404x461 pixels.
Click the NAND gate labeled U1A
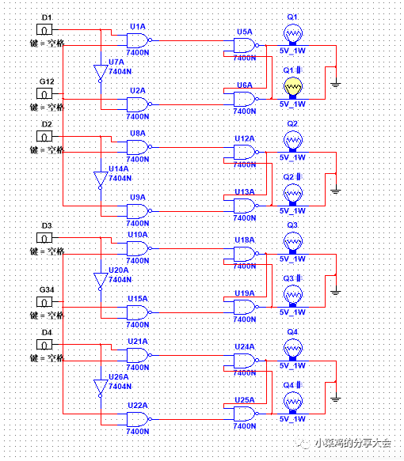click(x=139, y=40)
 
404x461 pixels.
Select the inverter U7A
click(x=99, y=74)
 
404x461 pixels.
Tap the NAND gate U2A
click(x=139, y=104)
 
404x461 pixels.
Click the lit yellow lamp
click(x=292, y=86)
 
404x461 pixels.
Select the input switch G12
click(x=47, y=94)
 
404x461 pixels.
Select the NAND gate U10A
click(x=139, y=249)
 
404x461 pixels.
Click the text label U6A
click(x=244, y=85)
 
